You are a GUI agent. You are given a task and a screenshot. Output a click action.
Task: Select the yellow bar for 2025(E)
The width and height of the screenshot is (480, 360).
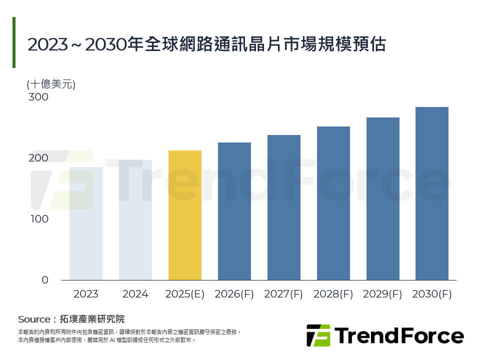click(185, 215)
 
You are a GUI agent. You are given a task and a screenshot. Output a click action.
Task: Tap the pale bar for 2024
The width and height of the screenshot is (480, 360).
click(135, 220)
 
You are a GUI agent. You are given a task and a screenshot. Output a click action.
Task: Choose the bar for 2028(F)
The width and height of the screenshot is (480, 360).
click(333, 203)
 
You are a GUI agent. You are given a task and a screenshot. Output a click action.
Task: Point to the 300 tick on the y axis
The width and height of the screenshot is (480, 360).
click(38, 97)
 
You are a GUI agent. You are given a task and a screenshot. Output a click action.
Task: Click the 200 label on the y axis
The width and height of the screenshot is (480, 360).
click(38, 158)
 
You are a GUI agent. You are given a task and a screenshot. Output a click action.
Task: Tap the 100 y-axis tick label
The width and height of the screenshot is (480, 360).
click(38, 219)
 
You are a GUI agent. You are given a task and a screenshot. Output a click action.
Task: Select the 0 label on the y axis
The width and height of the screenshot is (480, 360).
click(45, 280)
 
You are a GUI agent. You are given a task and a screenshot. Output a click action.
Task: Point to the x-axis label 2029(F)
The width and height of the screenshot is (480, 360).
click(383, 294)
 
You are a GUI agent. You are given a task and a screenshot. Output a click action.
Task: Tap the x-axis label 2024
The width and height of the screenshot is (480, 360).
click(135, 294)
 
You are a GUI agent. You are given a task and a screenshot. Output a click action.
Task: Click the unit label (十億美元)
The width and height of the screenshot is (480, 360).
click(50, 84)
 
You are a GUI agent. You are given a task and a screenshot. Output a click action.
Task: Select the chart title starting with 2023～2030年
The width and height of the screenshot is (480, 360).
click(206, 44)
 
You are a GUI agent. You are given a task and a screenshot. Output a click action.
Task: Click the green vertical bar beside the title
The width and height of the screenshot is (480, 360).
click(14, 42)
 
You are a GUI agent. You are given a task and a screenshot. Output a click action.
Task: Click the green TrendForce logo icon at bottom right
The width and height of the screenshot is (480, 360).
click(318, 335)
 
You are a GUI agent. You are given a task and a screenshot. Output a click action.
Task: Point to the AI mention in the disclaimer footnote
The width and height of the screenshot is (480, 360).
click(112, 340)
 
